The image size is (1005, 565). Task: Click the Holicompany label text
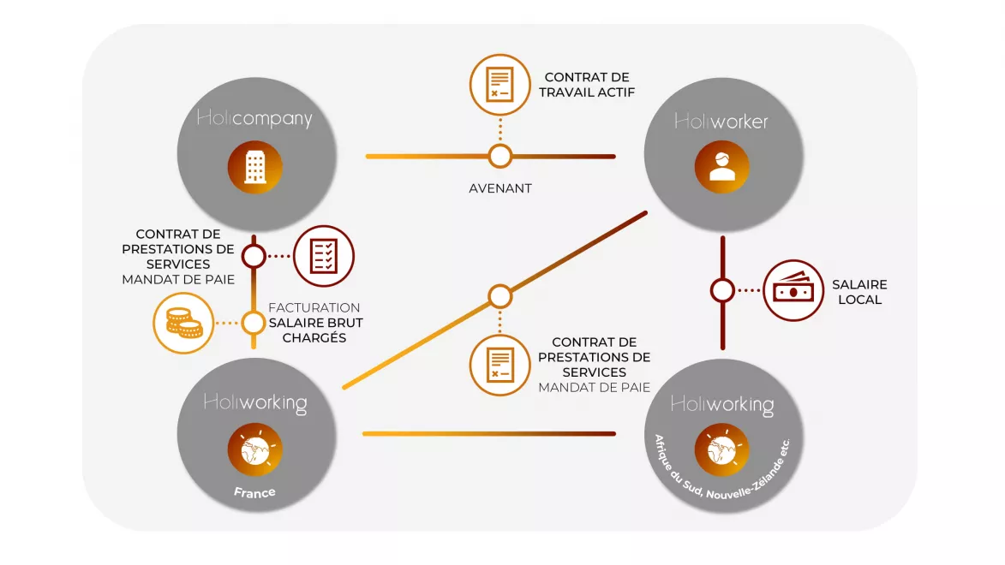pyautogui.click(x=254, y=119)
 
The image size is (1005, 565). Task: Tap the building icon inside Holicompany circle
pyautogui.click(x=255, y=168)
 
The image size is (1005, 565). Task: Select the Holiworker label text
pyautogui.click(x=721, y=122)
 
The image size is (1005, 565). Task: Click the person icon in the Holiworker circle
pyautogui.click(x=722, y=167)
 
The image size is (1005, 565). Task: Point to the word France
pyautogui.click(x=255, y=492)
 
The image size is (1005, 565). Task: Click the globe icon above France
pyautogui.click(x=255, y=450)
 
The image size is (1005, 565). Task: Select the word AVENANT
pyautogui.click(x=500, y=188)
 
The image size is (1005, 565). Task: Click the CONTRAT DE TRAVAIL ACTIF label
pyautogui.click(x=587, y=85)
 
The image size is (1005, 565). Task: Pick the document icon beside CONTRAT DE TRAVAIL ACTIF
pyautogui.click(x=500, y=85)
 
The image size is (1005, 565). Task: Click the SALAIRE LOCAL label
pyautogui.click(x=859, y=292)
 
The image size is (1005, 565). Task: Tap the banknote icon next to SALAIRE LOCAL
pyautogui.click(x=793, y=291)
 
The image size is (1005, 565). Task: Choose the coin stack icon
pyautogui.click(x=182, y=323)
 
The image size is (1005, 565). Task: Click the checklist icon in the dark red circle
pyautogui.click(x=324, y=255)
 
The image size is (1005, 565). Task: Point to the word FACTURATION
pyautogui.click(x=314, y=307)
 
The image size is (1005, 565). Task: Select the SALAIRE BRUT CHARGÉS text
pyautogui.click(x=315, y=330)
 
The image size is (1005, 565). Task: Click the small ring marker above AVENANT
pyautogui.click(x=500, y=156)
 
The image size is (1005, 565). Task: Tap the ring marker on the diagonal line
pyautogui.click(x=500, y=296)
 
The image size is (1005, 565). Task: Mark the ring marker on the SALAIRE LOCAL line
pyautogui.click(x=722, y=291)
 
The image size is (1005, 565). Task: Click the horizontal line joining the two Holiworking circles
pyautogui.click(x=488, y=434)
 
